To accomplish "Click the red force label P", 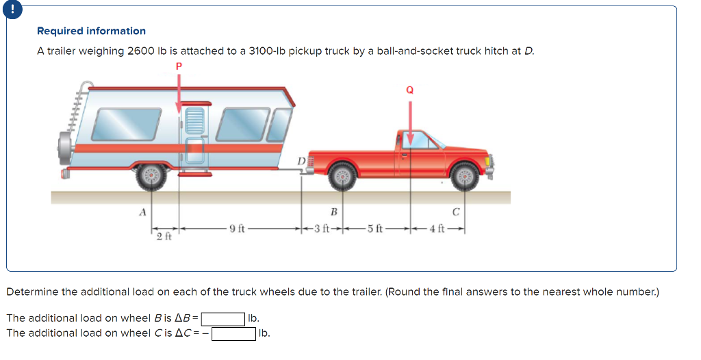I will (x=179, y=66).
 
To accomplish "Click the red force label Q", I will (x=410, y=90).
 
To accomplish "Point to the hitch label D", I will (x=301, y=161).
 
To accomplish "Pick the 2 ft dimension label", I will (x=164, y=237).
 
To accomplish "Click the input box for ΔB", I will (x=222, y=319).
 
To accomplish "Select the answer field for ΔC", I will (x=233, y=333).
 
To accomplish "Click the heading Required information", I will (x=91, y=31).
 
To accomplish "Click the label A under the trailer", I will (x=142, y=212).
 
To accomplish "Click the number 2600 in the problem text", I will (x=142, y=51).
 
